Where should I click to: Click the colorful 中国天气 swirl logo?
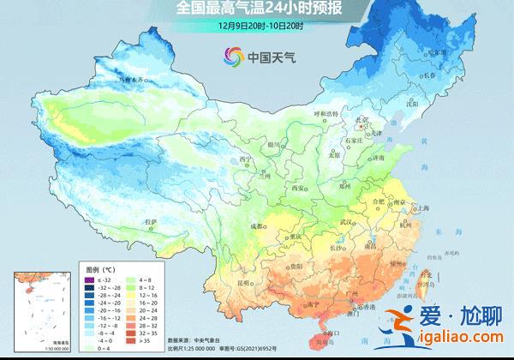[234, 57]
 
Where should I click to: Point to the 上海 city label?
[421, 207]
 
